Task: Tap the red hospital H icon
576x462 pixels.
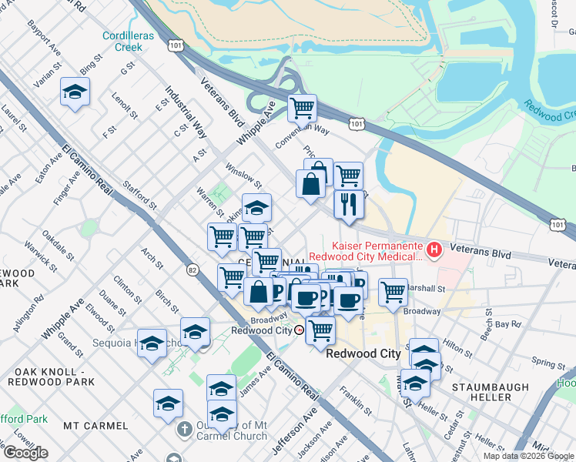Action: pyautogui.click(x=435, y=249)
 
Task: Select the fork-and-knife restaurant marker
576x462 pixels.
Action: pyautogui.click(x=349, y=205)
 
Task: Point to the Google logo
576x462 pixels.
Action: pyautogui.click(x=25, y=453)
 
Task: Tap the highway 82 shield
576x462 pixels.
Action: pyautogui.click(x=192, y=269)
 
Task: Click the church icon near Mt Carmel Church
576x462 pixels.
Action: pyautogui.click(x=185, y=428)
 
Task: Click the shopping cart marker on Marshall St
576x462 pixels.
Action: pyautogui.click(x=393, y=292)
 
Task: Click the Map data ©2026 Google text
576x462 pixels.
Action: pyautogui.click(x=527, y=456)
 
